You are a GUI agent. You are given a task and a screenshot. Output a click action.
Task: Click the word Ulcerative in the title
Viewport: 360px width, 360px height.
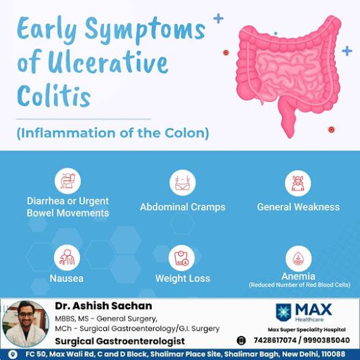[108, 63]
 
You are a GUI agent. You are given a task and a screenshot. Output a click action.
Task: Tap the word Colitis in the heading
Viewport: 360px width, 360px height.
[54, 96]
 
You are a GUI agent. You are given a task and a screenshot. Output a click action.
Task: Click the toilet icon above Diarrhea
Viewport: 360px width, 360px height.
[67, 181]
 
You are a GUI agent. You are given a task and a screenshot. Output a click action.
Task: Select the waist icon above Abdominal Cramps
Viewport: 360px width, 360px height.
[183, 183]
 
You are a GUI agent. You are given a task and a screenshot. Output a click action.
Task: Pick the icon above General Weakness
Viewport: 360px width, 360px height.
[298, 183]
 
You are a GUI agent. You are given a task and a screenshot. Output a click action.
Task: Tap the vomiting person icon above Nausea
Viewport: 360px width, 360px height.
[67, 257]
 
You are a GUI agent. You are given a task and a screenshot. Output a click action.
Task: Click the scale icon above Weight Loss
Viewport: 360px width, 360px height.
[181, 258]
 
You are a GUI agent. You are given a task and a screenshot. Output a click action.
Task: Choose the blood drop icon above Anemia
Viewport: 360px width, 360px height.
[299, 259]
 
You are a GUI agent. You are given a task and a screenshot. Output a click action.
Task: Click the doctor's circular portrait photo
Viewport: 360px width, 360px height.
[26, 323]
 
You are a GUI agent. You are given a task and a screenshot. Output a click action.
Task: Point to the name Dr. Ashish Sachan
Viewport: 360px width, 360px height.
[103, 306]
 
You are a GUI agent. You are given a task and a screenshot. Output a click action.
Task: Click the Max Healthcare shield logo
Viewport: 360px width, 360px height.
[283, 312]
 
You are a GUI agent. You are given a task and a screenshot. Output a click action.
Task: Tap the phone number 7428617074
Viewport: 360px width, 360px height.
[275, 340]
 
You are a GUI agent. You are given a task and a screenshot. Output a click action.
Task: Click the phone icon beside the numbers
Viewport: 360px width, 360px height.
[241, 340]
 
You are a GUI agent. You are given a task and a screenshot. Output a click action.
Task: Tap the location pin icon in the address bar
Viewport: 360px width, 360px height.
[13, 354]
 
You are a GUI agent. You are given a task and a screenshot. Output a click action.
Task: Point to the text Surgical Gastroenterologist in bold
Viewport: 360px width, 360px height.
[120, 341]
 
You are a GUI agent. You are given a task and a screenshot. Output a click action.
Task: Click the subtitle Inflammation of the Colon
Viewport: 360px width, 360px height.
[113, 133]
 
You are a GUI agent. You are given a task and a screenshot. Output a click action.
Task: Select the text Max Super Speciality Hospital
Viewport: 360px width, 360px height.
[307, 330]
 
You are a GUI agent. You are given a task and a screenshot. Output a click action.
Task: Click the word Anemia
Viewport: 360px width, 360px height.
[298, 276]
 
